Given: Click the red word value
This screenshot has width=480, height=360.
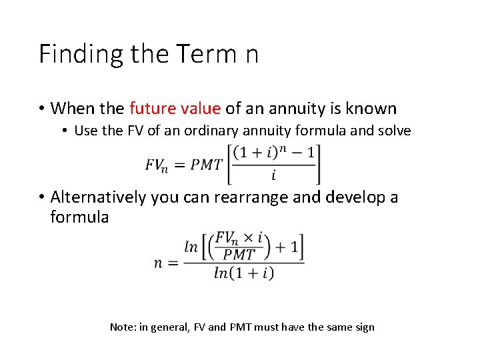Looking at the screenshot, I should (x=199, y=108).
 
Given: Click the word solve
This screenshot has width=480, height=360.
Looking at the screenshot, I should (x=393, y=131).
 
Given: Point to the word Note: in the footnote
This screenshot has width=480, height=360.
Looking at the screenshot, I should (x=123, y=327).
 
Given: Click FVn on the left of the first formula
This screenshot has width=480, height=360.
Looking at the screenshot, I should (x=156, y=165).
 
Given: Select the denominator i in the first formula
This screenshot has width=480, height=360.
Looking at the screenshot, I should (x=273, y=176).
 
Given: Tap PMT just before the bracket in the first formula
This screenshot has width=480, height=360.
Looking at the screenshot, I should (x=206, y=165).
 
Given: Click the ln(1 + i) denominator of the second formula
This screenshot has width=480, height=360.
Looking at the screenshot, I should (x=244, y=273).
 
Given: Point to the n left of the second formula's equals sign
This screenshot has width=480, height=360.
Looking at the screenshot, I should (x=158, y=262).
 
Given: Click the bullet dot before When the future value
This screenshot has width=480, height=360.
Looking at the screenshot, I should (x=41, y=109).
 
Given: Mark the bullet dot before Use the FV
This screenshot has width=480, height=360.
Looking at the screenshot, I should (x=65, y=131).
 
